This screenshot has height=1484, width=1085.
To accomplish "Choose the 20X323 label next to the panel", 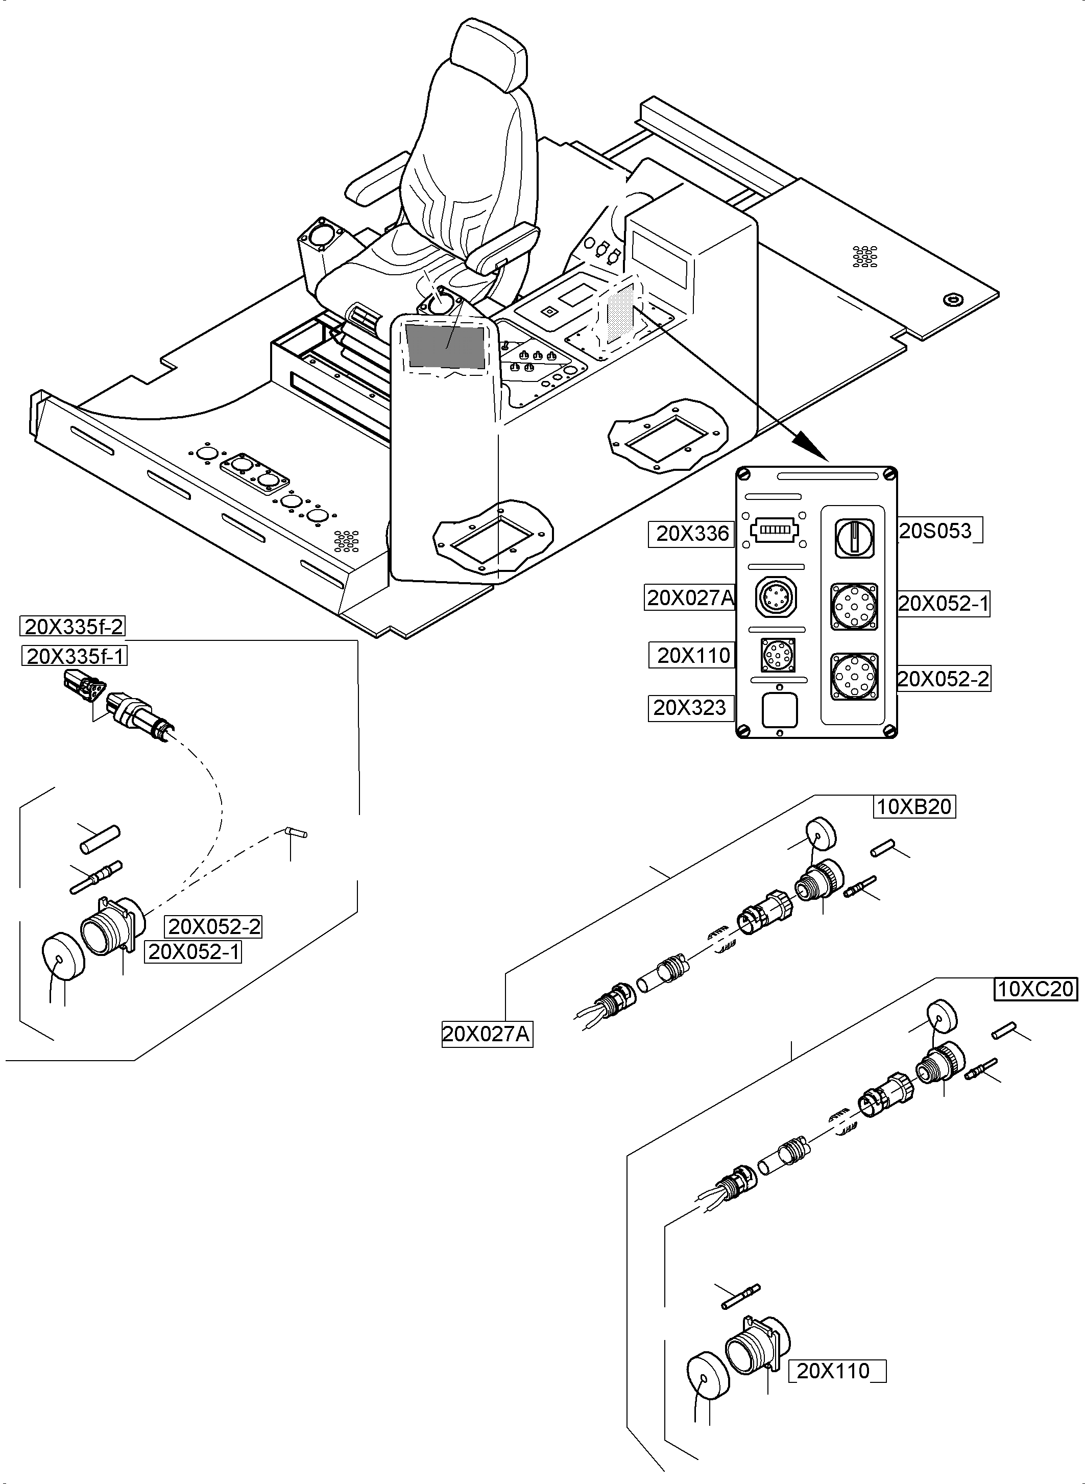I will tap(690, 707).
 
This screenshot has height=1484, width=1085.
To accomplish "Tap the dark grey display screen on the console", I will tap(445, 346).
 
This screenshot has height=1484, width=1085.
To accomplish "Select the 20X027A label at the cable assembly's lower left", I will tap(486, 1034).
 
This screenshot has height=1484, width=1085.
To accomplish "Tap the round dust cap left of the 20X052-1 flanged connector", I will tap(63, 957).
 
